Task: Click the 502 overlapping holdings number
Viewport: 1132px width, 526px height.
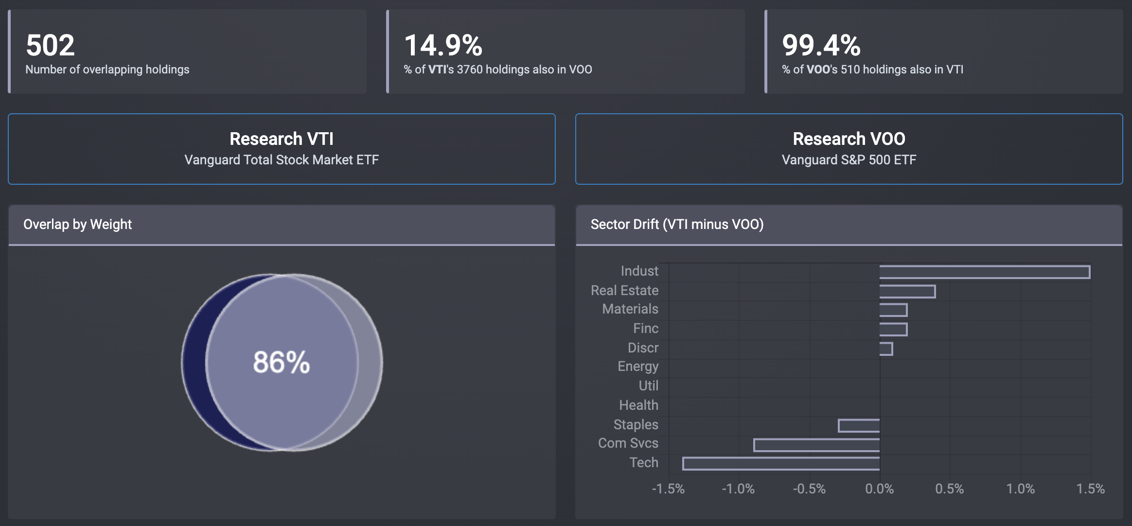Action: (x=50, y=45)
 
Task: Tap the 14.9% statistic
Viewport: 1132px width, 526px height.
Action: (x=443, y=45)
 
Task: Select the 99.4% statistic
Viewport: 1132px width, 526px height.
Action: (x=821, y=45)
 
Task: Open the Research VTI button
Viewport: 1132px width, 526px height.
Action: (x=282, y=149)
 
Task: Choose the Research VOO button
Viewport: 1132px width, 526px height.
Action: (x=849, y=149)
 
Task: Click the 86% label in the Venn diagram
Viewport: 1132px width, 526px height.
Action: (x=281, y=362)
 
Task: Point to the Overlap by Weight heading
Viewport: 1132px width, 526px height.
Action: (x=77, y=224)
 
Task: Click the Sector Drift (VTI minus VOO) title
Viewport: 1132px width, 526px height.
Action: (x=677, y=224)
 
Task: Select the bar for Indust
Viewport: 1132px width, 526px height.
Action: (x=984, y=272)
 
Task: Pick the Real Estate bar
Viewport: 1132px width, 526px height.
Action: (x=907, y=292)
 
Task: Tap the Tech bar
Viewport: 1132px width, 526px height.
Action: (x=781, y=463)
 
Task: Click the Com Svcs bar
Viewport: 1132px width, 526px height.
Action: (x=816, y=445)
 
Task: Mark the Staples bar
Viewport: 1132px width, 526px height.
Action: (x=859, y=425)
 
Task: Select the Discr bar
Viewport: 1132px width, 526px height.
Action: (x=886, y=349)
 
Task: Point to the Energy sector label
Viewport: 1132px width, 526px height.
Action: (x=637, y=366)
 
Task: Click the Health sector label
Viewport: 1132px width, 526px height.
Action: (x=638, y=405)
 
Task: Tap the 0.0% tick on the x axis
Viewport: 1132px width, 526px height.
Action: (x=879, y=489)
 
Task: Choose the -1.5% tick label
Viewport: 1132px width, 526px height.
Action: (x=668, y=489)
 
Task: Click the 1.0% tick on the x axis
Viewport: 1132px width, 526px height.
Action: (x=1020, y=489)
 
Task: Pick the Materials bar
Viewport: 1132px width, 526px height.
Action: (x=893, y=310)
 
